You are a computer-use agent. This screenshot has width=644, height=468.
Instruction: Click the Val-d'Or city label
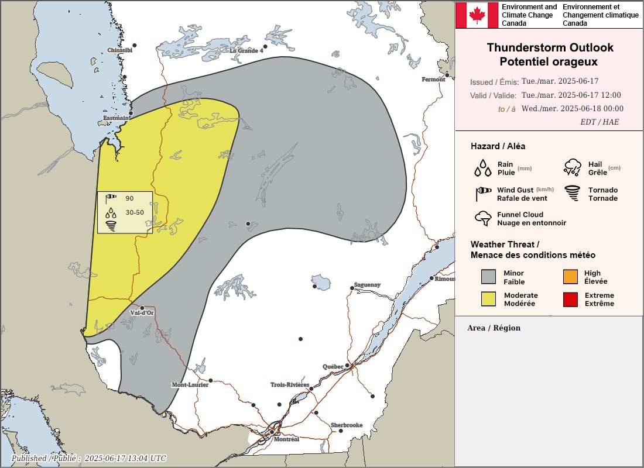(x=142, y=313)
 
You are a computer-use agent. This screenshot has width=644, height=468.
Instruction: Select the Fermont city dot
(x=447, y=75)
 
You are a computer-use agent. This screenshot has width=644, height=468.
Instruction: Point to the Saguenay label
(x=367, y=285)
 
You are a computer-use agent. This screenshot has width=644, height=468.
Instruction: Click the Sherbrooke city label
(x=347, y=425)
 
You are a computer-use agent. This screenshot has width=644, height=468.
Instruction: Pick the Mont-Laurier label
(x=190, y=385)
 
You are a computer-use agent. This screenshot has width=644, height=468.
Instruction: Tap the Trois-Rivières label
(x=289, y=385)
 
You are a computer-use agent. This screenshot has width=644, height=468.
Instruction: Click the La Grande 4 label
(x=246, y=50)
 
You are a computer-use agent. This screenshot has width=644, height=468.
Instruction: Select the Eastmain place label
(x=116, y=118)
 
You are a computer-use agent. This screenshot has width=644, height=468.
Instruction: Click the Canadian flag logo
(x=477, y=15)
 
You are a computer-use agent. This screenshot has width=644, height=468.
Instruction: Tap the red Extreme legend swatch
(x=570, y=300)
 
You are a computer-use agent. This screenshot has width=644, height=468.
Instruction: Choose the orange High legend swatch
(x=570, y=277)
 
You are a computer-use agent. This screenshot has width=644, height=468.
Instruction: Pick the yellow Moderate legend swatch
(x=488, y=300)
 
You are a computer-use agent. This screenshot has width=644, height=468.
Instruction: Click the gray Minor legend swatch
(x=488, y=277)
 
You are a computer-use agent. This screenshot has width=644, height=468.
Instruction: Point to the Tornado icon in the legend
(x=572, y=194)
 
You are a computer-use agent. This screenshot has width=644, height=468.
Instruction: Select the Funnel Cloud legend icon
(x=483, y=218)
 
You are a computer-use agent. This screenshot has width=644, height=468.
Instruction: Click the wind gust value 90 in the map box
(x=129, y=199)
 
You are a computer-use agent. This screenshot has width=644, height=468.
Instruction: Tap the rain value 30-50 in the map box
(x=135, y=212)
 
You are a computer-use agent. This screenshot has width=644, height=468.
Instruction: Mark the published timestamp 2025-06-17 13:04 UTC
(x=125, y=458)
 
